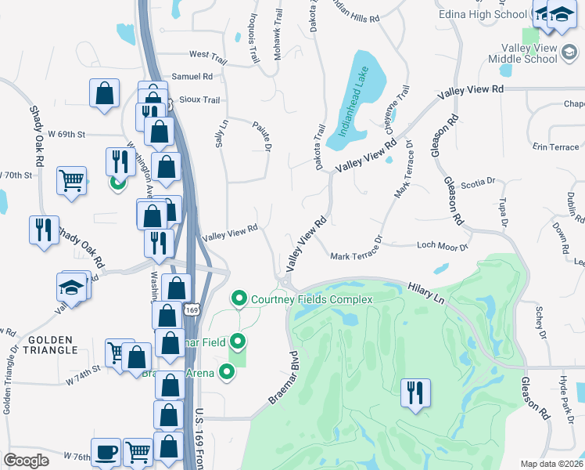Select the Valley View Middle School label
(x=522, y=53)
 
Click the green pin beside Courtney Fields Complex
(x=239, y=299)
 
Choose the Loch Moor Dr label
(x=442, y=247)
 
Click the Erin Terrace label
(x=555, y=147)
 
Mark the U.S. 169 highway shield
(x=190, y=311)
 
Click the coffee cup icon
(x=106, y=452)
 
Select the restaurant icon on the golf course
(x=415, y=392)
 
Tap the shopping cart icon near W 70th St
(x=71, y=179)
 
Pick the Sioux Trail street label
(x=199, y=100)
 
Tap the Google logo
(x=27, y=461)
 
